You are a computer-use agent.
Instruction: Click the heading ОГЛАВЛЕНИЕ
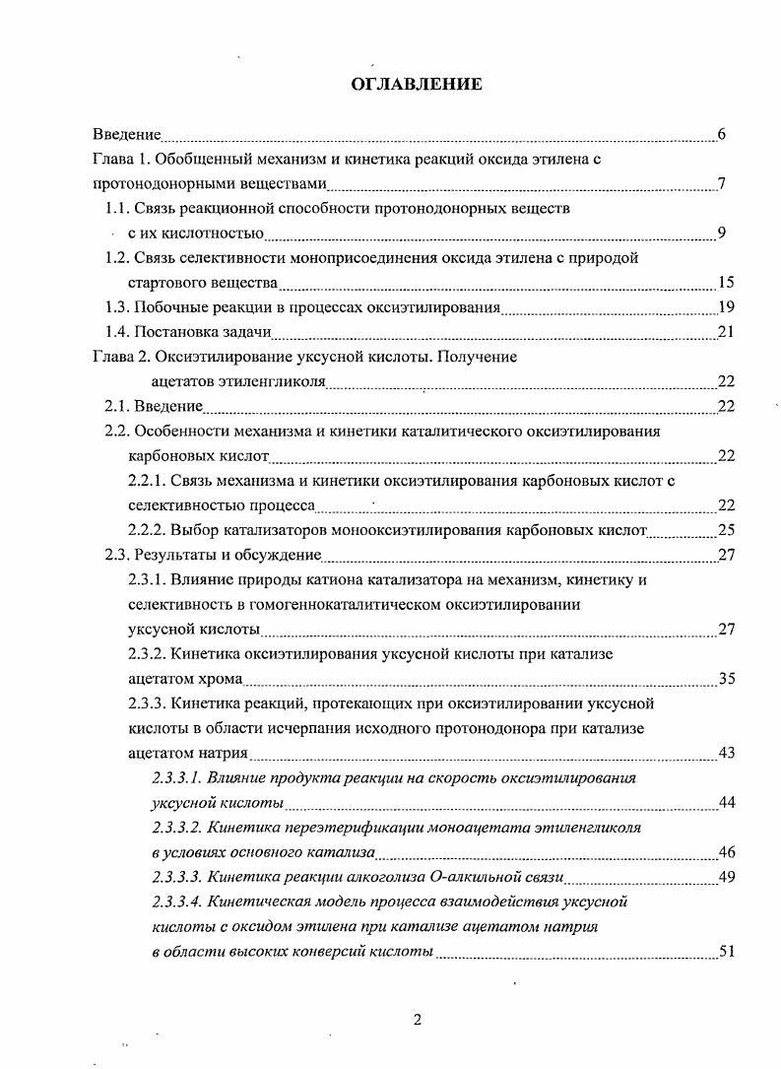tap(417, 85)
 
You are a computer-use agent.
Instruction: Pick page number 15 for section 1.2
tap(727, 284)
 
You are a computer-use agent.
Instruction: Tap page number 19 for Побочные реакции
tap(727, 307)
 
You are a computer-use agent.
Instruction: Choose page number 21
tap(727, 332)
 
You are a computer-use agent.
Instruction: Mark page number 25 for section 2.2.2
tap(727, 530)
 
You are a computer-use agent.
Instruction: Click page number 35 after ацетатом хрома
tap(727, 679)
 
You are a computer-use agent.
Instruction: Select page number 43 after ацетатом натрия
tap(727, 753)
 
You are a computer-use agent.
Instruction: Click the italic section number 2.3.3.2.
tap(176, 828)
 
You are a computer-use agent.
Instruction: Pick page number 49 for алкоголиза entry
tap(727, 877)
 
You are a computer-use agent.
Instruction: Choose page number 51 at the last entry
tap(727, 952)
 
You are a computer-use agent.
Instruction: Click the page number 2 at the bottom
tap(417, 1020)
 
